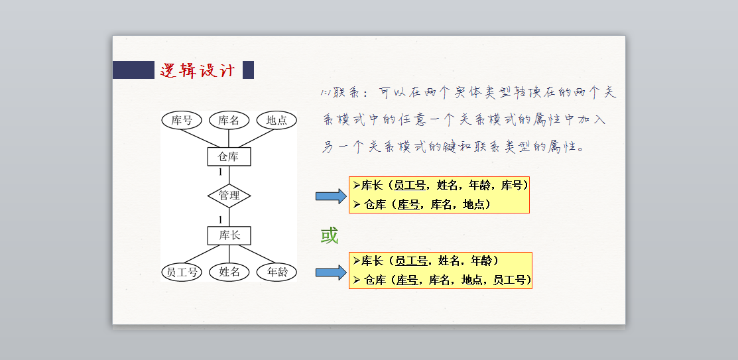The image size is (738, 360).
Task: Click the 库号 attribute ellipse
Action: coord(182,120)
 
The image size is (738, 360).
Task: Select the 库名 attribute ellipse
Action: coord(229,120)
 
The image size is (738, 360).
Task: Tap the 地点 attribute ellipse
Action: coord(277,120)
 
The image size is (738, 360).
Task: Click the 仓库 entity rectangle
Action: coord(229,156)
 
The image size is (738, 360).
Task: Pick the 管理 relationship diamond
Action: coord(229,196)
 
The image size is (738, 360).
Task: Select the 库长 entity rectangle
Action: coord(229,235)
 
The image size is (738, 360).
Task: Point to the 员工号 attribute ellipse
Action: coord(182,272)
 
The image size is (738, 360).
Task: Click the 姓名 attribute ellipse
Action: coord(229,272)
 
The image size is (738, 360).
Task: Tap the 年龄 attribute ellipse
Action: coord(277,272)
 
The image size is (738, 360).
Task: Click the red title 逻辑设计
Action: coord(198,70)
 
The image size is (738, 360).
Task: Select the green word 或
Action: coord(330,235)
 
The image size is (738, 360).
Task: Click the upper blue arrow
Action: coord(331,196)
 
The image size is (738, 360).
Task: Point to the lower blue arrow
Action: coord(331,272)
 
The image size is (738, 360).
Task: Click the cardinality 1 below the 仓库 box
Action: coord(220,172)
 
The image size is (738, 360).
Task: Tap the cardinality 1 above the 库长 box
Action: coord(220,219)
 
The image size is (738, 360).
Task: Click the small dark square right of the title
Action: coord(248,70)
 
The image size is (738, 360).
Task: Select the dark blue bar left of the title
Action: coord(133,70)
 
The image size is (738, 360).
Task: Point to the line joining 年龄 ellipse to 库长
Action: coord(255,255)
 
